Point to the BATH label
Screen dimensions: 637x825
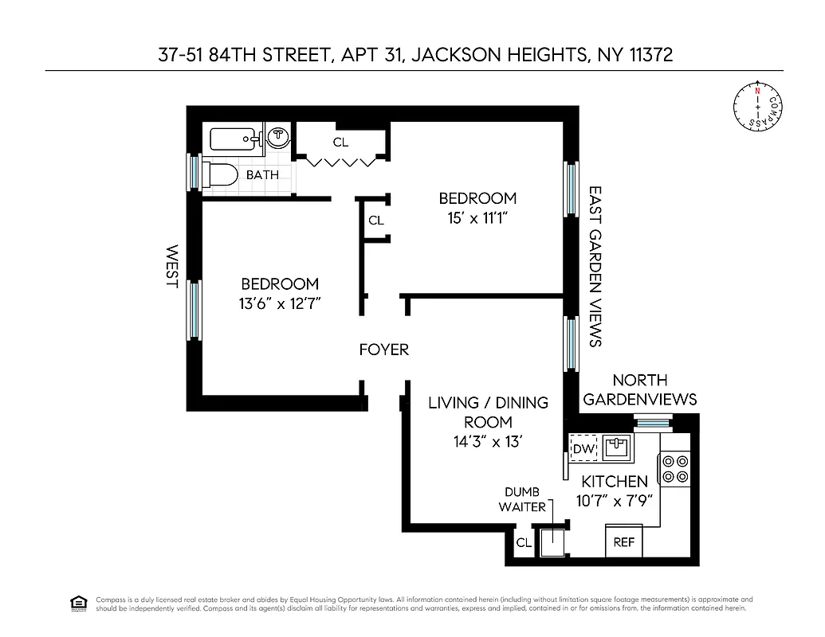point(262,174)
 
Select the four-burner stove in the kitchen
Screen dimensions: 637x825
point(673,469)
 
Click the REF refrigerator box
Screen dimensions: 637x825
point(624,542)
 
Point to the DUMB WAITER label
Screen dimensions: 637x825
point(522,499)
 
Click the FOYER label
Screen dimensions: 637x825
point(383,350)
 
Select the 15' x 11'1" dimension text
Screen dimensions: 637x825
point(477,217)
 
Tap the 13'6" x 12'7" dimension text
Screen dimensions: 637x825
point(279,303)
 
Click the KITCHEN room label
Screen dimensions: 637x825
point(614,482)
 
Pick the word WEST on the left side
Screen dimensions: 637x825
point(171,266)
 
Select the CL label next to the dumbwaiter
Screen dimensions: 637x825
point(523,543)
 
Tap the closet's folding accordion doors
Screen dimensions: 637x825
point(341,162)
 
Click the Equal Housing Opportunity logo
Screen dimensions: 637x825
point(79,603)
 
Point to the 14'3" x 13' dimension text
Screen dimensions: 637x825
point(477,442)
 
